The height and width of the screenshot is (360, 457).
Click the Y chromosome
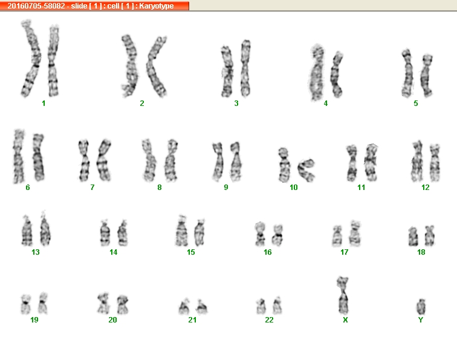click(421, 307)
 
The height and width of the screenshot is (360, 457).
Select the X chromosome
click(343, 295)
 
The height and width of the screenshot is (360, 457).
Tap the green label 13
click(36, 252)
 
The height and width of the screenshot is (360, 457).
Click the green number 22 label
click(270, 320)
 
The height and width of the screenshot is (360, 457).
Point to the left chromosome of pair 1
click(31, 58)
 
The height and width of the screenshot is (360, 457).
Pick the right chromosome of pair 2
click(156, 67)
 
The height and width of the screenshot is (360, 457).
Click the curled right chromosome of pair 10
click(306, 170)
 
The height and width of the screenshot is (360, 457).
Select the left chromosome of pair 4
click(317, 73)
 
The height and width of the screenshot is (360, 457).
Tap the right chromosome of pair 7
click(103, 160)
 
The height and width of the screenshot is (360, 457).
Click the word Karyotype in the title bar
click(156, 6)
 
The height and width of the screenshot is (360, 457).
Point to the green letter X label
click(345, 320)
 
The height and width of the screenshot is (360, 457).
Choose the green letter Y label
click(421, 320)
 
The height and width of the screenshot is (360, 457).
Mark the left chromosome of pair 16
click(260, 234)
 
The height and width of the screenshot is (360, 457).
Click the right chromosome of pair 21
click(201, 306)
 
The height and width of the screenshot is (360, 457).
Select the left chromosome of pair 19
click(26, 304)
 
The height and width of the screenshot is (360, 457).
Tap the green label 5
click(416, 103)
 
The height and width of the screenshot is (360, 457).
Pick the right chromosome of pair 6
click(38, 157)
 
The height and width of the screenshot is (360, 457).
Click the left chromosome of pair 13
click(27, 231)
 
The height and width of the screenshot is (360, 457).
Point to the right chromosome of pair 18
click(430, 235)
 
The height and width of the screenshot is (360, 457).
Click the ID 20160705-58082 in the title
click(36, 6)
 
